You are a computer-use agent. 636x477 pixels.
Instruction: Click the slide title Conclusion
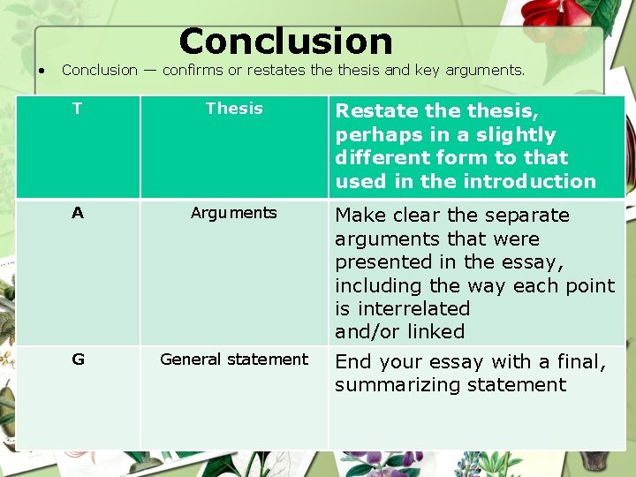(x=285, y=42)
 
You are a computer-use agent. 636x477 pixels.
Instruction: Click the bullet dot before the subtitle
(x=41, y=70)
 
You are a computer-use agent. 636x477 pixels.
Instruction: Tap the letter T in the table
(x=77, y=109)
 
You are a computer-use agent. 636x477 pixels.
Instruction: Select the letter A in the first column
(x=78, y=213)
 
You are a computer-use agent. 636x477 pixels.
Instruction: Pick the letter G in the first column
(x=78, y=360)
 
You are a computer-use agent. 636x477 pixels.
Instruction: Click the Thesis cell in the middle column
(x=234, y=109)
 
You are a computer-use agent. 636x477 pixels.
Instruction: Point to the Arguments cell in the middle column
(x=234, y=213)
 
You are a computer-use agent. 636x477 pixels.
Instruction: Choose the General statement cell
(x=234, y=360)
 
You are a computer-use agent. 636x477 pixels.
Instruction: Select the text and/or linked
(x=399, y=332)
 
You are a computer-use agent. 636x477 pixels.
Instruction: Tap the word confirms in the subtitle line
(x=194, y=70)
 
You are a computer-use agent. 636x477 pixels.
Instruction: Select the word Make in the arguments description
(x=359, y=216)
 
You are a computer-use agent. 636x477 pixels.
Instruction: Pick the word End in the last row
(x=353, y=362)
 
